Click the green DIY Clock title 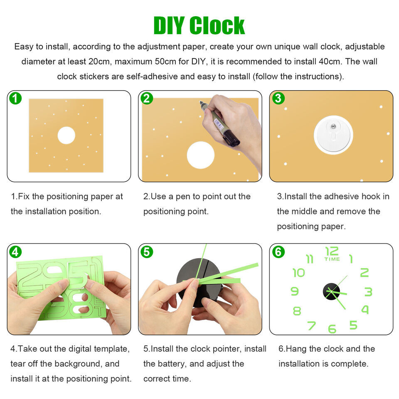pos(199,25)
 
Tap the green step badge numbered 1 pos(15,98)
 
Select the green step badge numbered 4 pos(15,252)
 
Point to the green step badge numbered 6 pos(278,252)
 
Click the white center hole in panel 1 pos(66,135)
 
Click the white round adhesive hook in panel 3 pos(333,135)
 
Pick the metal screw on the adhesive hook pos(333,126)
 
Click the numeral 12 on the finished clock pos(332,251)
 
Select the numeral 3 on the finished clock pos(368,292)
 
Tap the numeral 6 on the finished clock pos(332,329)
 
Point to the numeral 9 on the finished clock pos(295,291)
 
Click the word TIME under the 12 pos(332,259)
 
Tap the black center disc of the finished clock pos(331,291)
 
